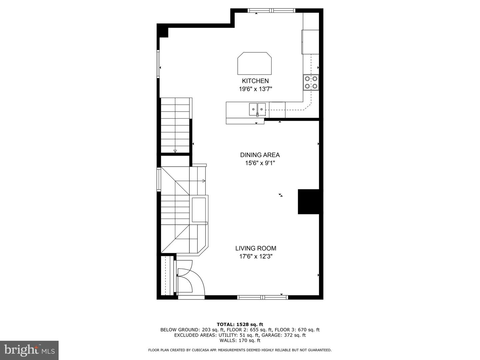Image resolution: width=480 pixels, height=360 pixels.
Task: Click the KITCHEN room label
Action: click(x=255, y=81)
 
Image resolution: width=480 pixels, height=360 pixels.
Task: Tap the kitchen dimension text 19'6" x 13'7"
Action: click(x=255, y=89)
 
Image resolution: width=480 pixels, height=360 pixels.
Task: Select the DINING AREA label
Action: click(x=260, y=155)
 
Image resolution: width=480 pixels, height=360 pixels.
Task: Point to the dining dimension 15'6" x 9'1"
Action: click(x=260, y=163)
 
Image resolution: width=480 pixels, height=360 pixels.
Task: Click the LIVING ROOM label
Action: click(x=256, y=248)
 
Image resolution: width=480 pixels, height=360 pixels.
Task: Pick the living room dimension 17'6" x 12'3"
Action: click(x=256, y=256)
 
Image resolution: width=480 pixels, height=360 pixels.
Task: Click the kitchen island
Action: click(x=255, y=63)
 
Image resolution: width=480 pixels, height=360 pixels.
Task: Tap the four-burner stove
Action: click(x=311, y=82)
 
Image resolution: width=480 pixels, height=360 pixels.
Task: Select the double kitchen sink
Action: click(x=257, y=109)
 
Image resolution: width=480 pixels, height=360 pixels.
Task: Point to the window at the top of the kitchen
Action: click(x=271, y=10)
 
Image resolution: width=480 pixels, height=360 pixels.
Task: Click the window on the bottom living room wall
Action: click(x=262, y=297)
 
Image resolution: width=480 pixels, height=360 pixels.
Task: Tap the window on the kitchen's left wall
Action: click(x=158, y=64)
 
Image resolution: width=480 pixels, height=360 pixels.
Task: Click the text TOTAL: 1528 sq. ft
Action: click(x=240, y=324)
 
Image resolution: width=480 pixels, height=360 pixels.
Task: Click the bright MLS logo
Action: click(x=29, y=350)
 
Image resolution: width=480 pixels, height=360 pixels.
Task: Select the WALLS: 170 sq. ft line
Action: click(x=240, y=340)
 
